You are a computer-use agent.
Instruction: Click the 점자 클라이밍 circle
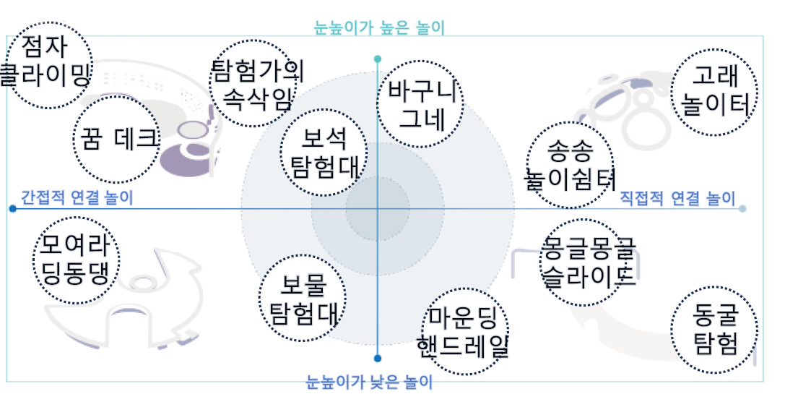tap(48, 65)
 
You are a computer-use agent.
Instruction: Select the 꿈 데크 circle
tap(116, 140)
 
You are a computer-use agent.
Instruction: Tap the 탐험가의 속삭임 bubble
tap(253, 83)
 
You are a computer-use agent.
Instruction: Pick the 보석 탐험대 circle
tap(324, 152)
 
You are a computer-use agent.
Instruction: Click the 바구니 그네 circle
tap(420, 104)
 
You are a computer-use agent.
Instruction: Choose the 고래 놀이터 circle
tap(714, 92)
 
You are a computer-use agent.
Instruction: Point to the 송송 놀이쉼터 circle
tap(571, 164)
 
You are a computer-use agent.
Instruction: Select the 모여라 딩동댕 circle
tap(76, 260)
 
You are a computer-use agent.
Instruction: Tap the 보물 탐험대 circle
tap(302, 298)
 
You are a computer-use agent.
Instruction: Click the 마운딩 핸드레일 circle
tap(466, 331)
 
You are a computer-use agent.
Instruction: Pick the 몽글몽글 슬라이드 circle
tap(584, 262)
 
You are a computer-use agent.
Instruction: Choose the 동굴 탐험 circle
tap(714, 330)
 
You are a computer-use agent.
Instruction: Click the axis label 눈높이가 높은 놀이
tap(379, 27)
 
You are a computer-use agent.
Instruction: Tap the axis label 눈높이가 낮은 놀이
tap(369, 382)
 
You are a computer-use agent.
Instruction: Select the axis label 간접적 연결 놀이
tap(77, 197)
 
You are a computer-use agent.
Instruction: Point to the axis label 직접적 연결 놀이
tap(677, 198)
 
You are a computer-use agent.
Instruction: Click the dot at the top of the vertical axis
tap(378, 59)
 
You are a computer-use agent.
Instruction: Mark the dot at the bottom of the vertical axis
tap(378, 359)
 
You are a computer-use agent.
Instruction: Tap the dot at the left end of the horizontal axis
tap(12, 208)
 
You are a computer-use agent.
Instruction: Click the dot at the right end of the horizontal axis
tap(742, 208)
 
